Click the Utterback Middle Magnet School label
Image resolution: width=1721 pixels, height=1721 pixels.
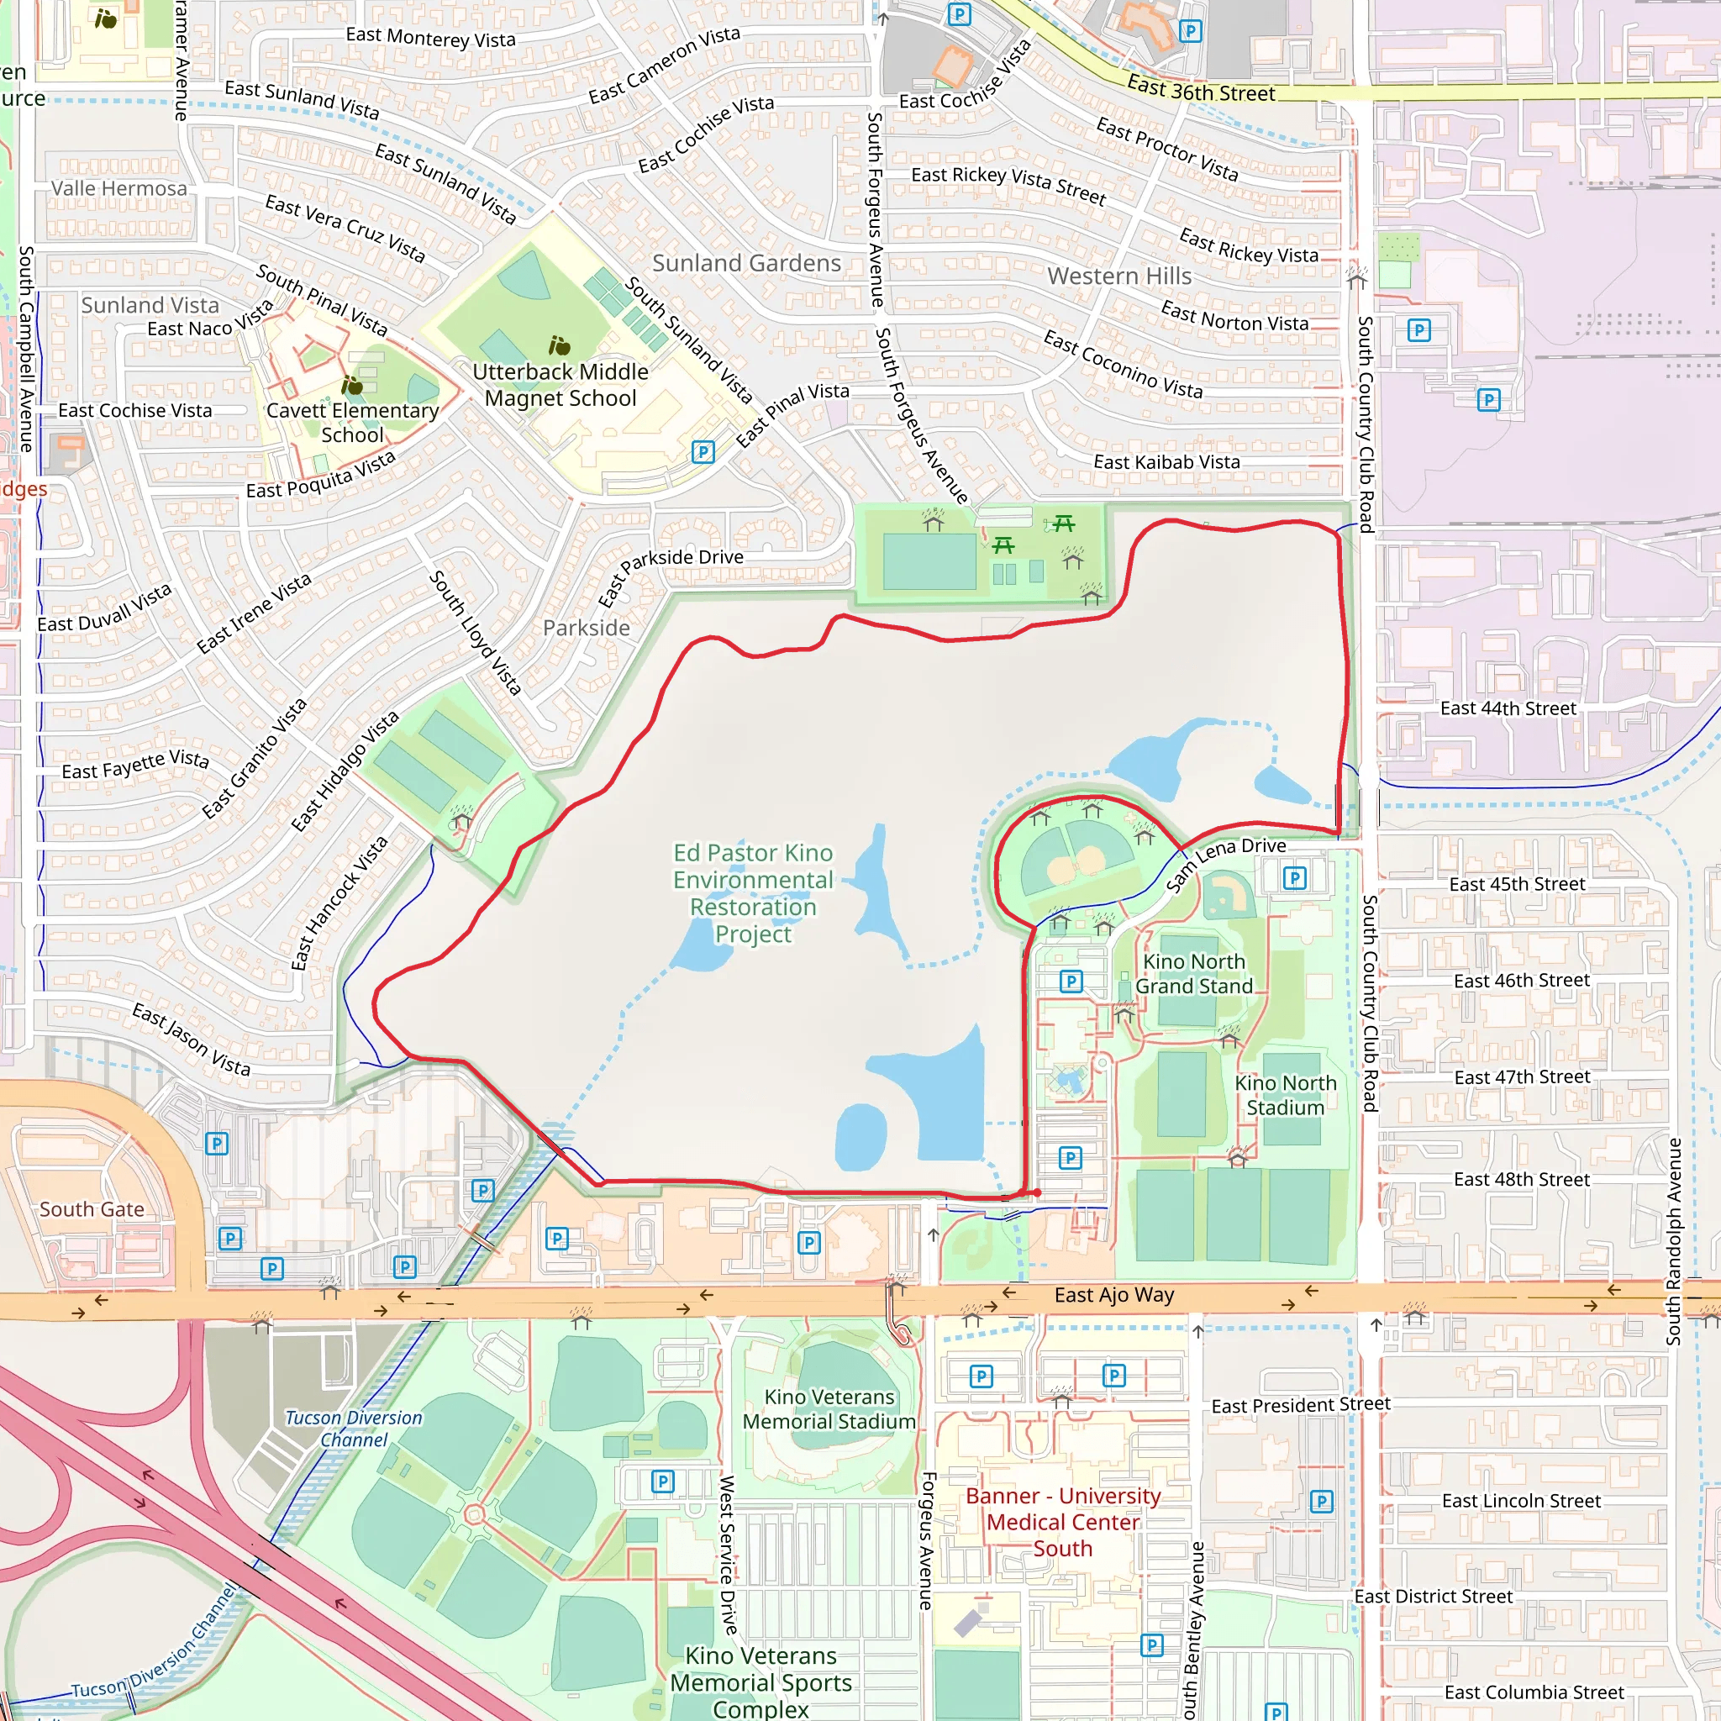pyautogui.click(x=561, y=385)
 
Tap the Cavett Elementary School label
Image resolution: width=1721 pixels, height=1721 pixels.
pyautogui.click(x=353, y=422)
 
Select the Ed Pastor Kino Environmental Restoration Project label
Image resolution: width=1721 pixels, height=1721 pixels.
pyautogui.click(x=753, y=892)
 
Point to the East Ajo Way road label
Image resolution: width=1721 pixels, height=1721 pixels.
pyautogui.click(x=1113, y=1295)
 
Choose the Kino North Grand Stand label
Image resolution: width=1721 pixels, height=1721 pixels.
pyautogui.click(x=1193, y=974)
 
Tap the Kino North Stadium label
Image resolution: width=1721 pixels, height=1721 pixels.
pyautogui.click(x=1285, y=1095)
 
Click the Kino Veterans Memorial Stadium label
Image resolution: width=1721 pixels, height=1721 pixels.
pyautogui.click(x=829, y=1409)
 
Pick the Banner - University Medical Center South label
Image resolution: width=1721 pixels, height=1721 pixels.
pyautogui.click(x=1063, y=1523)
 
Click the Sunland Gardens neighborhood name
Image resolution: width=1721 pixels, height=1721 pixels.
pyautogui.click(x=746, y=263)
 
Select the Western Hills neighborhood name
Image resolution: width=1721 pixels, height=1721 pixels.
pyautogui.click(x=1118, y=276)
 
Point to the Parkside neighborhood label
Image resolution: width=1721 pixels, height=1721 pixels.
pyautogui.click(x=587, y=628)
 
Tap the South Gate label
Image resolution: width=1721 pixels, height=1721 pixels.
pyautogui.click(x=92, y=1208)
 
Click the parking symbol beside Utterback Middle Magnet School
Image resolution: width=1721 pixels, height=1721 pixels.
pyautogui.click(x=703, y=451)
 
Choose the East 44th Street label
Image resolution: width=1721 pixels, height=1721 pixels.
pyautogui.click(x=1508, y=708)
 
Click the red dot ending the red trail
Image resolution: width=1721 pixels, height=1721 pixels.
pyautogui.click(x=1037, y=1192)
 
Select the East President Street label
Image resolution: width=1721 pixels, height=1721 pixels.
pyautogui.click(x=1300, y=1405)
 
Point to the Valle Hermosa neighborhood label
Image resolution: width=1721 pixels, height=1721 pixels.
pyautogui.click(x=119, y=188)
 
